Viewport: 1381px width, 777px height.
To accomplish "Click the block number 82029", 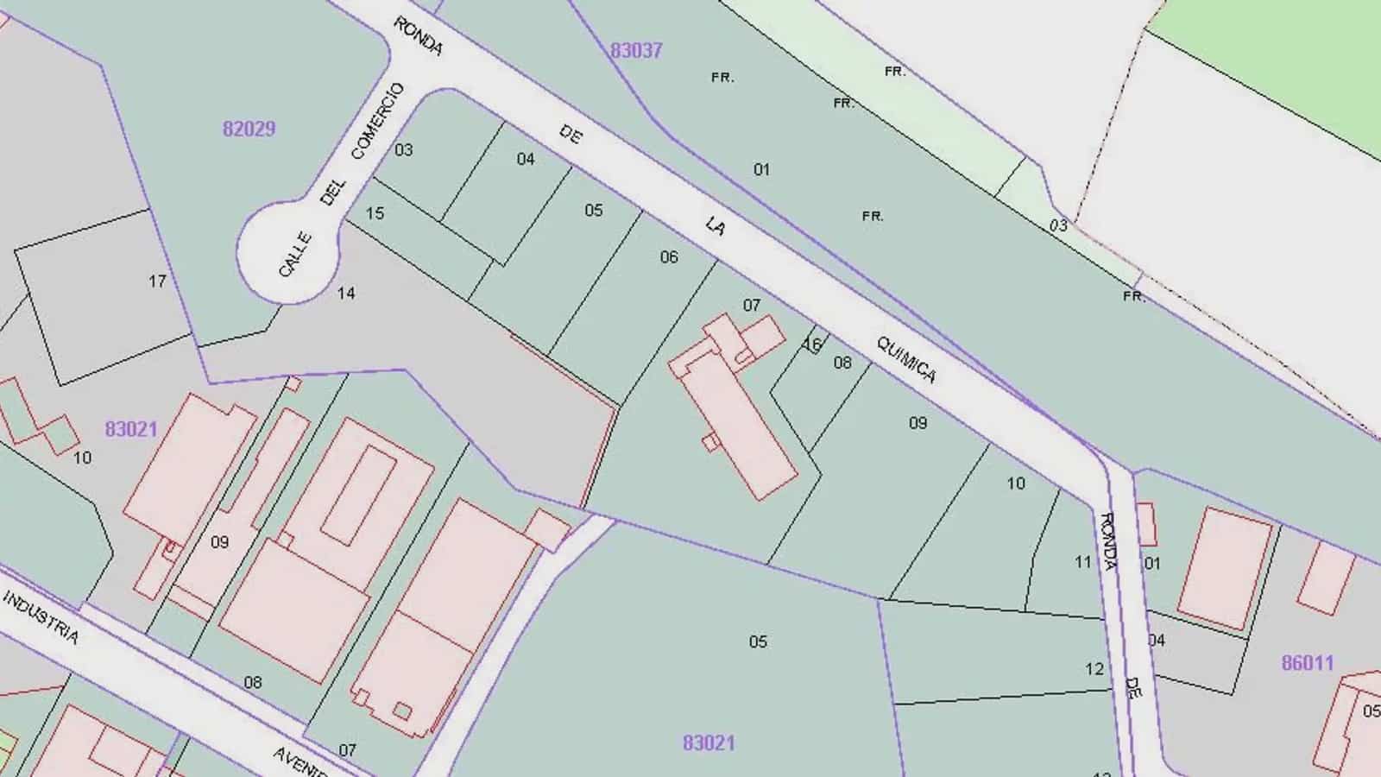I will (249, 129).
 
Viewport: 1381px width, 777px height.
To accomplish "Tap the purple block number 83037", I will (636, 50).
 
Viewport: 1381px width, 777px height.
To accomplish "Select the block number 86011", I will (1307, 663).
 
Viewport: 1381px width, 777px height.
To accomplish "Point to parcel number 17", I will (157, 281).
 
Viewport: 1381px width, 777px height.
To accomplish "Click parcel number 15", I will (375, 213).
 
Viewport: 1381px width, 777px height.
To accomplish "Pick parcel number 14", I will (346, 294).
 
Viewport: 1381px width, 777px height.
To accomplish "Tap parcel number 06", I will (669, 256).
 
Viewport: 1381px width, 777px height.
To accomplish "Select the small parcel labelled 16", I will (812, 344).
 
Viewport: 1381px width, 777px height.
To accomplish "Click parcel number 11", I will (1083, 562).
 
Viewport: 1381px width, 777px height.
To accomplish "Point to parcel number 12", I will (1094, 669).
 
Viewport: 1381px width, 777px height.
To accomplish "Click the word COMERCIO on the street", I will (377, 121).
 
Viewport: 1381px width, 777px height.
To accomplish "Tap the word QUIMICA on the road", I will (905, 359).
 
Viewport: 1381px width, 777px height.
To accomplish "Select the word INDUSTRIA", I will (41, 617).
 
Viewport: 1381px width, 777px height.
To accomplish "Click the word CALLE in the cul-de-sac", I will (295, 255).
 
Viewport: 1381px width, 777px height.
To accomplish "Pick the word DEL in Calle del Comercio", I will (332, 192).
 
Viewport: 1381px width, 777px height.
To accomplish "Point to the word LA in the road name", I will (715, 226).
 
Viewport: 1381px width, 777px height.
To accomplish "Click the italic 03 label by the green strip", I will (1058, 225).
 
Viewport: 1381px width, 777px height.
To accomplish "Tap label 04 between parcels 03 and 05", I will (526, 159).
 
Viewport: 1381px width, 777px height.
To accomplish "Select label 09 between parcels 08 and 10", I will (918, 423).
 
